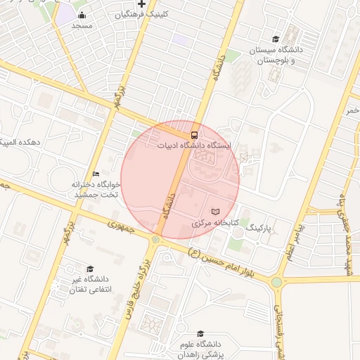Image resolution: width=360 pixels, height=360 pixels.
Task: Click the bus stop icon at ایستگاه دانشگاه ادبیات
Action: (x=194, y=134)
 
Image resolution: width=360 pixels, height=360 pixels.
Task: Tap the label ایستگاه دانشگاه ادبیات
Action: (x=195, y=145)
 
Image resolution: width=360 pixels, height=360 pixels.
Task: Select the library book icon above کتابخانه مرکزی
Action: (x=215, y=212)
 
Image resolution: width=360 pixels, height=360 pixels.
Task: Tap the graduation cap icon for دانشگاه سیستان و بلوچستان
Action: (x=276, y=39)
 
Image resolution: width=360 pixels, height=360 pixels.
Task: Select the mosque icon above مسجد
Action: (x=82, y=15)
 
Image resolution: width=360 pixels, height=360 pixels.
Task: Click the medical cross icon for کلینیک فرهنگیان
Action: (x=141, y=4)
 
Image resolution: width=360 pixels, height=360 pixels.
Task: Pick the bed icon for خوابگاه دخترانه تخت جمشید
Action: (x=96, y=174)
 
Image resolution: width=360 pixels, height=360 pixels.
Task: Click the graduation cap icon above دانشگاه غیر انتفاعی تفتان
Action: (x=89, y=269)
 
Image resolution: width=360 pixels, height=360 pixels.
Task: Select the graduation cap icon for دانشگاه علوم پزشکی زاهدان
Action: (x=200, y=334)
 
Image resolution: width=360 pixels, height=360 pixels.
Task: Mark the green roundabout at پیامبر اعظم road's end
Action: (x=276, y=282)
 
